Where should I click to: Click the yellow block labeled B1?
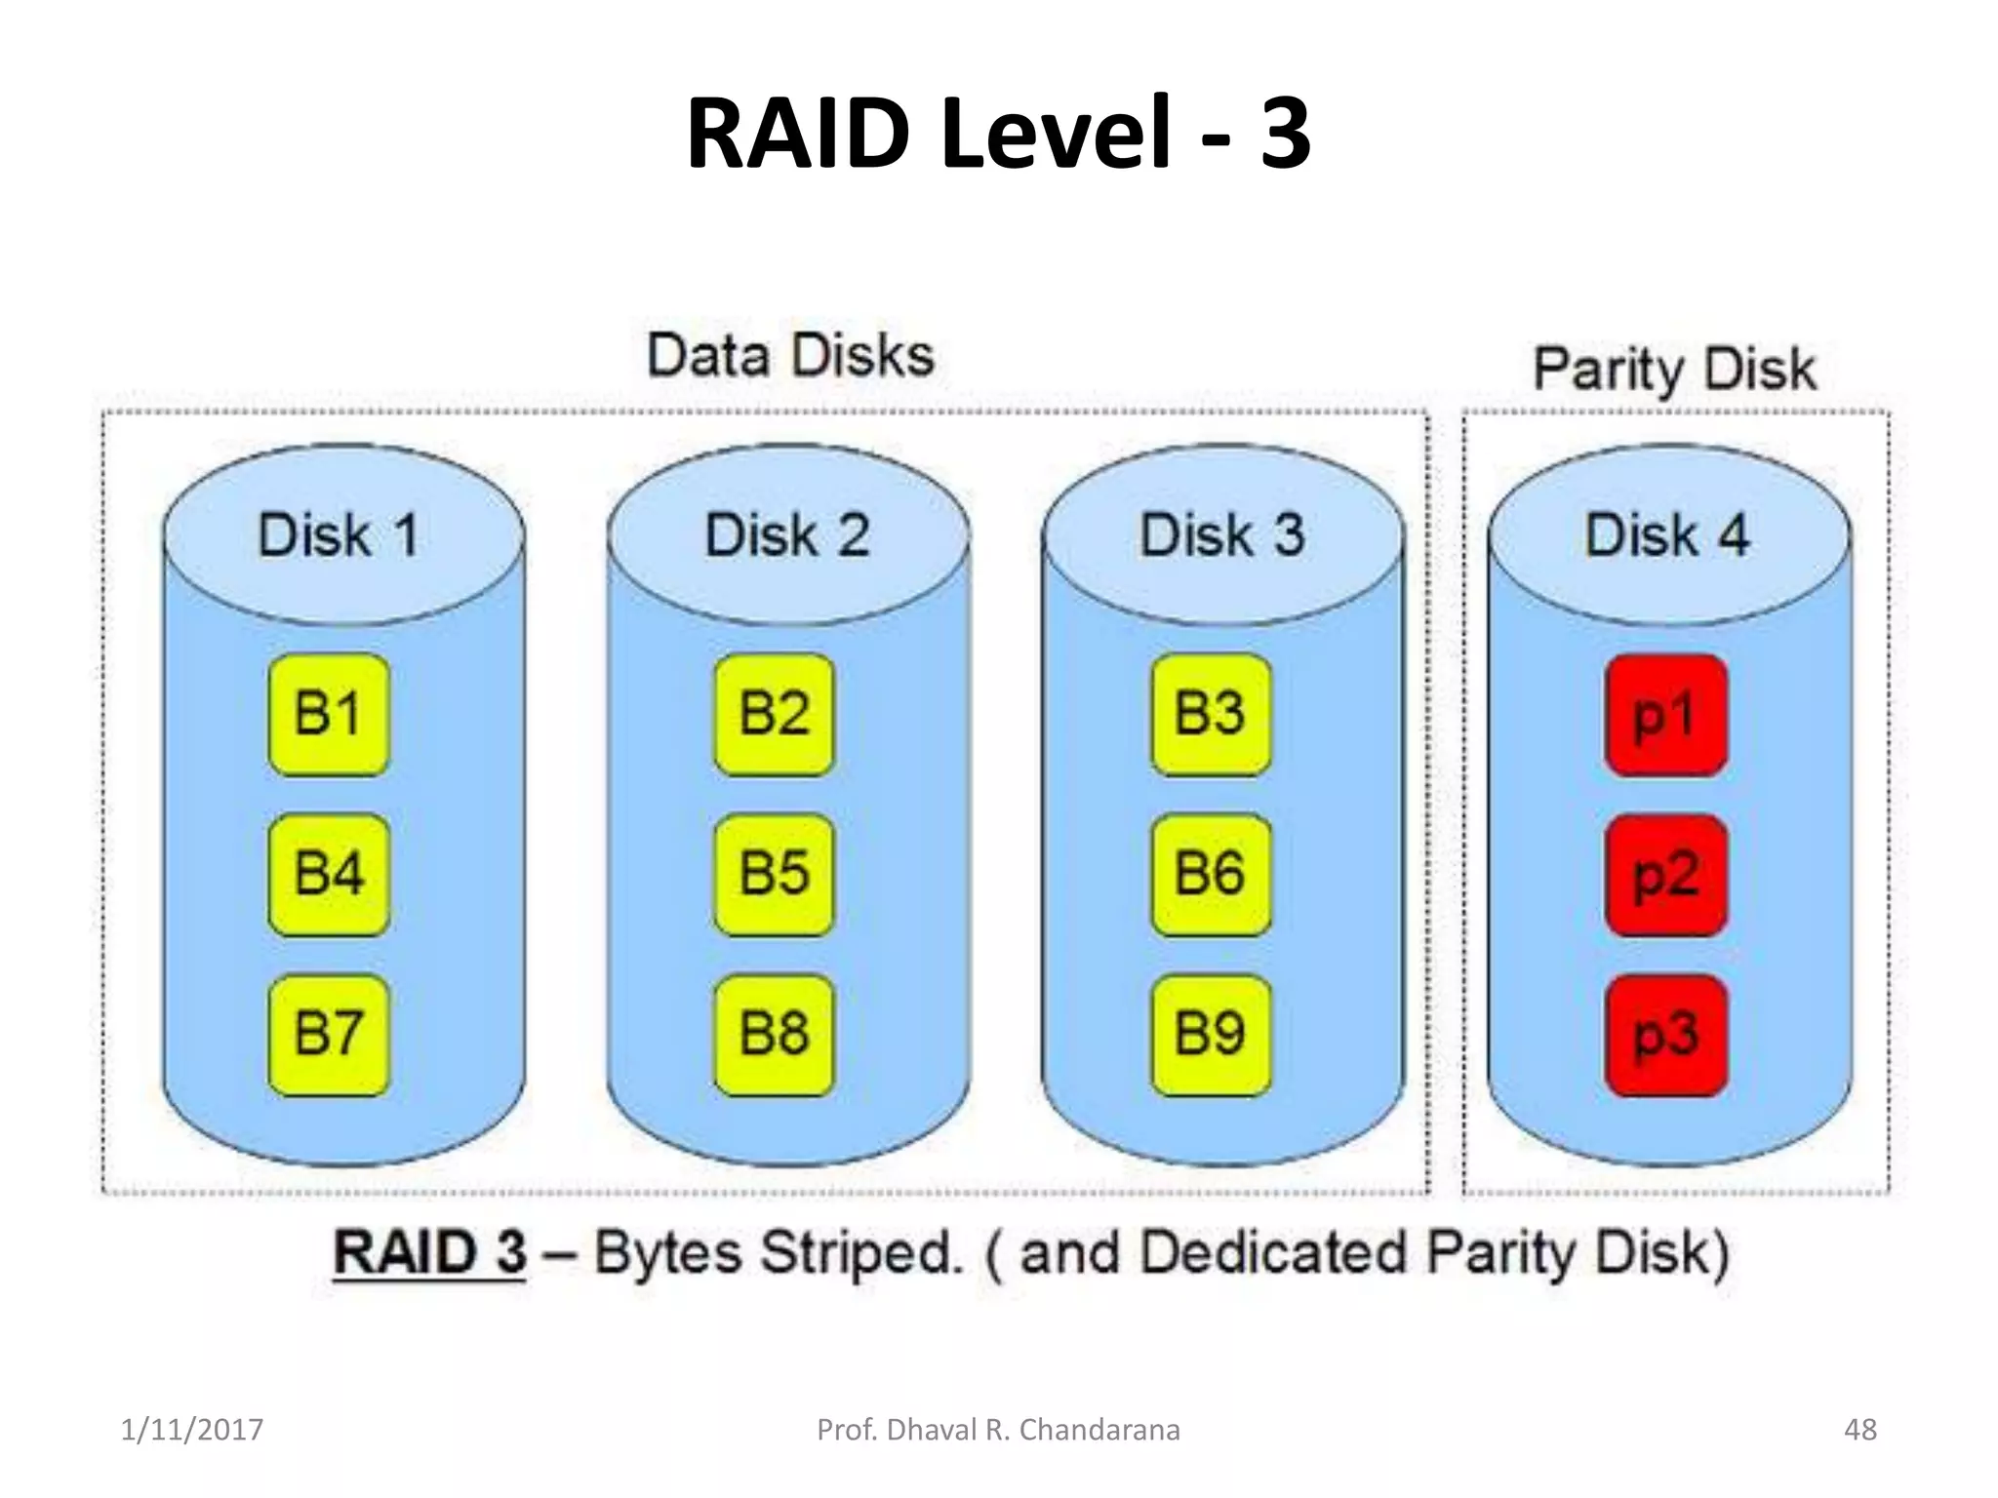(329, 714)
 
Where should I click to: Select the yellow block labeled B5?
(774, 874)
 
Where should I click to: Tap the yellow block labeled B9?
(1211, 1034)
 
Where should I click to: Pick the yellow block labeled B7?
(329, 1034)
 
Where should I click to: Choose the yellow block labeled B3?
(1211, 714)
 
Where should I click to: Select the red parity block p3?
(1665, 1036)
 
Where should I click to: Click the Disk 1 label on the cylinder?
(339, 535)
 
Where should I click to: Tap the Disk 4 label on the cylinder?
(1667, 535)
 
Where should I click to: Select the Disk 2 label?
(787, 535)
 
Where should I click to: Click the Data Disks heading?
(790, 355)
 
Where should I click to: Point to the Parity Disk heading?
(1674, 370)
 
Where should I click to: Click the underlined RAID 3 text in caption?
(429, 1252)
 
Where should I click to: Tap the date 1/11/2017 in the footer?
(191, 1430)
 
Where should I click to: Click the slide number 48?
(1859, 1430)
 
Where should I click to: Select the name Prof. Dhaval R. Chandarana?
(998, 1430)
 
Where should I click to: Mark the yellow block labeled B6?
(1211, 874)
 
